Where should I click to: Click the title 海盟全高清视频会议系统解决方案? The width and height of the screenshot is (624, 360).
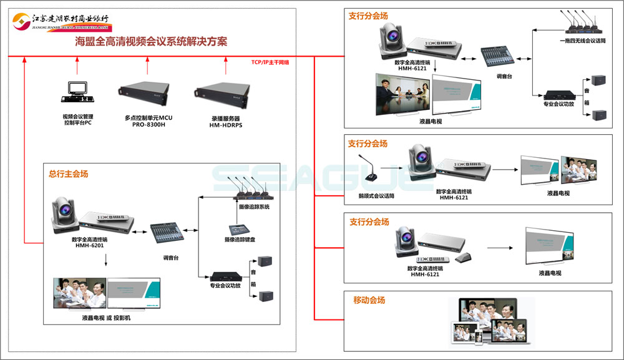click(150, 42)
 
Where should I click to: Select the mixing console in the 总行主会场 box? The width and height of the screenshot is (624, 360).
click(167, 234)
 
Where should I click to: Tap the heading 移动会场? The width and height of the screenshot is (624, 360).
click(369, 300)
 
